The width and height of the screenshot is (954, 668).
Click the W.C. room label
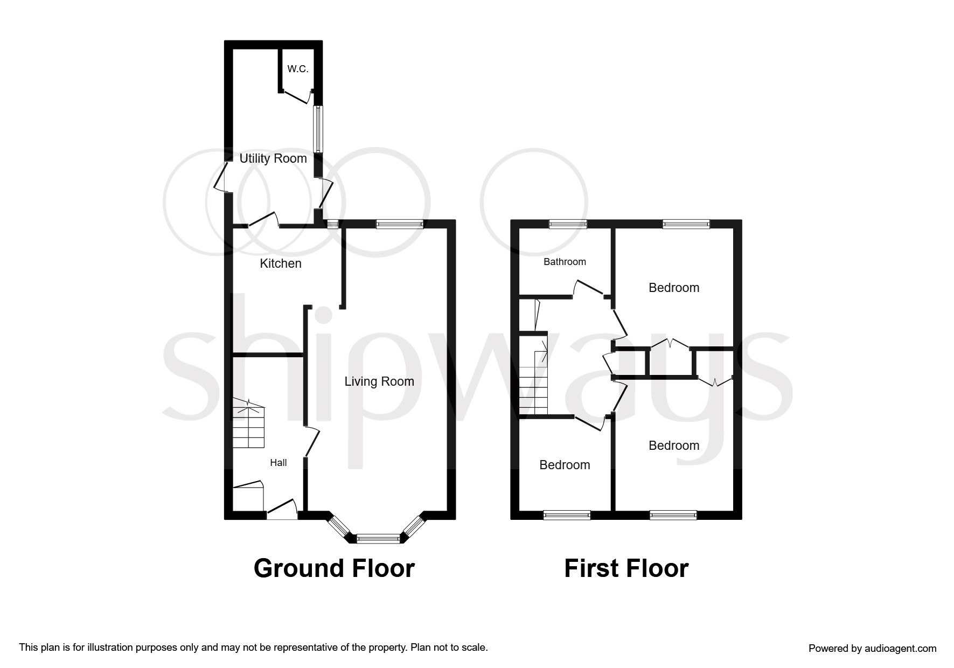297,69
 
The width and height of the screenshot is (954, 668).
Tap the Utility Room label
273,158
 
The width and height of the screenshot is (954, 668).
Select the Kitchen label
280,263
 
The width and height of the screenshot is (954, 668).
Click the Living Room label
379,381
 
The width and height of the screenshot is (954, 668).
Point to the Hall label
278,463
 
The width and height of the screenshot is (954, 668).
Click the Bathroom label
565,262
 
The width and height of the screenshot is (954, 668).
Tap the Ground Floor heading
334,568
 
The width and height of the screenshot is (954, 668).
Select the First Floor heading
626,568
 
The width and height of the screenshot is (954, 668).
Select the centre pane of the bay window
378,538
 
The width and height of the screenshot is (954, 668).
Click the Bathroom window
568,225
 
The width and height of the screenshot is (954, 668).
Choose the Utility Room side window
318,129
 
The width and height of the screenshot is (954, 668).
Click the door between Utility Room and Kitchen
263,221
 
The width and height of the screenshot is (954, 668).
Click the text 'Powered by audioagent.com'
872,649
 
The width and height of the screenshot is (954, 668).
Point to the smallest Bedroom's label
565,465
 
